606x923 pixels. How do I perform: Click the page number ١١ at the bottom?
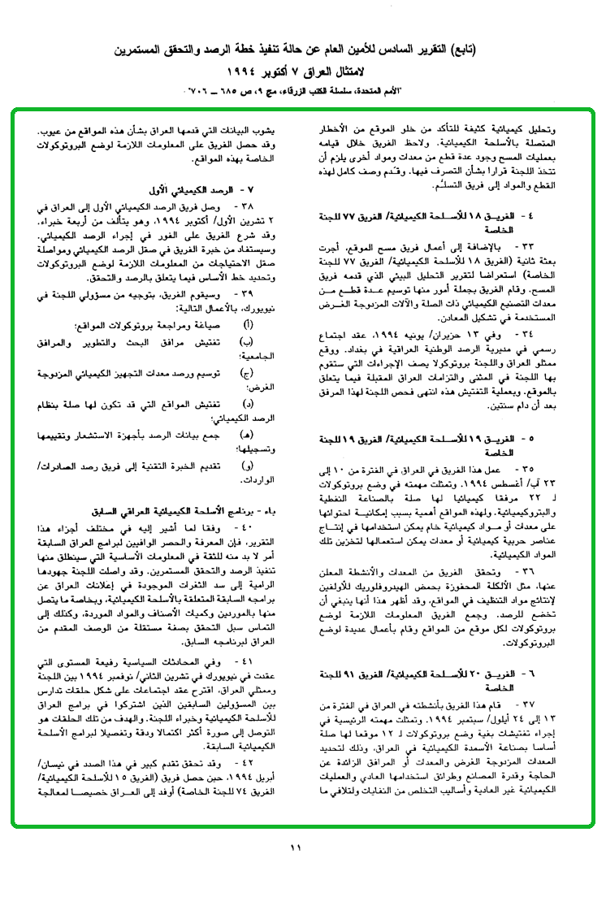(x=295, y=849)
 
